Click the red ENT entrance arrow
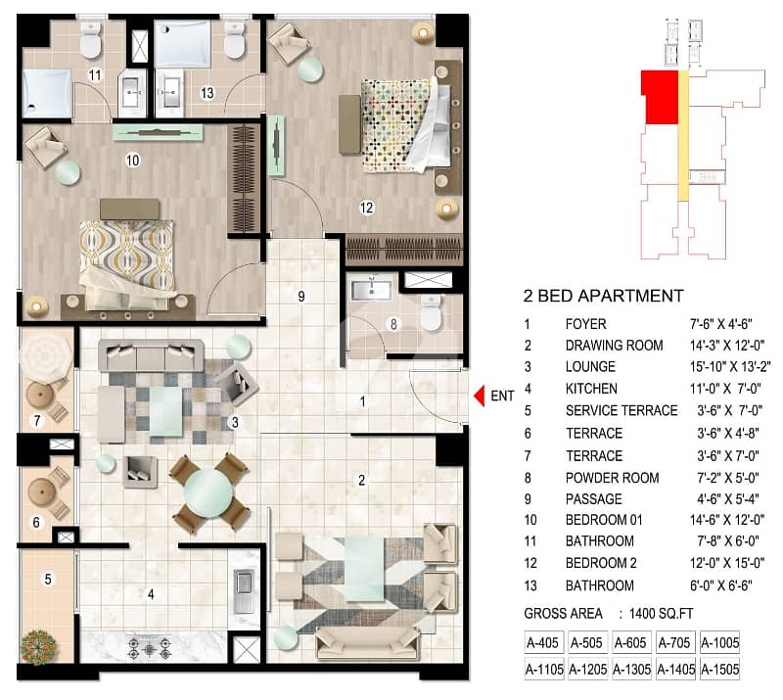480,396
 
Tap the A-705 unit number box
673,642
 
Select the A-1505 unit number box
719,669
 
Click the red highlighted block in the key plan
660,97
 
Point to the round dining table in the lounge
208,492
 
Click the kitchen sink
244,592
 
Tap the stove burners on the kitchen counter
150,648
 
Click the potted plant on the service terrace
38,646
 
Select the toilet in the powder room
431,312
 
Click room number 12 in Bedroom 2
366,208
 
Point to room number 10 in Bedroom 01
132,161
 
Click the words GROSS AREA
564,614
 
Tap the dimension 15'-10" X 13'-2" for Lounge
730,367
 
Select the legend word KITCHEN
591,389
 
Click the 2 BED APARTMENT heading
603,296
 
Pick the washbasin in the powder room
371,289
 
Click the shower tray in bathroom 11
46,93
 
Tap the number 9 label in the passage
301,297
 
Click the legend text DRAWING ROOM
615,346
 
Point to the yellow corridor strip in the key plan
683,135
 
